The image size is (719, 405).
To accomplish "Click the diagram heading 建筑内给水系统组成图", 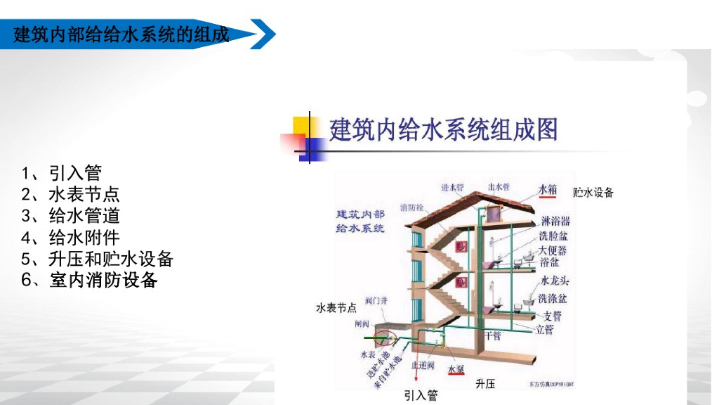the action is pos(443,130).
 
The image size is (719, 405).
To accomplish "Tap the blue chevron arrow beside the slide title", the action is pos(263,34).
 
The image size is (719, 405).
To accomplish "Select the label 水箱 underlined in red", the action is pos(548,189).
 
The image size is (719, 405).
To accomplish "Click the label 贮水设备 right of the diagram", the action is pos(593,192).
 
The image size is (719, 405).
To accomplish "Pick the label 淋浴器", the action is pos(555,222).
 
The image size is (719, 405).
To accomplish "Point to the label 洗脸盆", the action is pos(554,237).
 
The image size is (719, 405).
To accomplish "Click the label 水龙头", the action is pos(554,281).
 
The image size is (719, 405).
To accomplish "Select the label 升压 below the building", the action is pos(485,384).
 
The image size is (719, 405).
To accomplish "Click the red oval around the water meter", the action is pos(383,340).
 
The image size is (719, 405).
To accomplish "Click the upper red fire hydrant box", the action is pos(461,246).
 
